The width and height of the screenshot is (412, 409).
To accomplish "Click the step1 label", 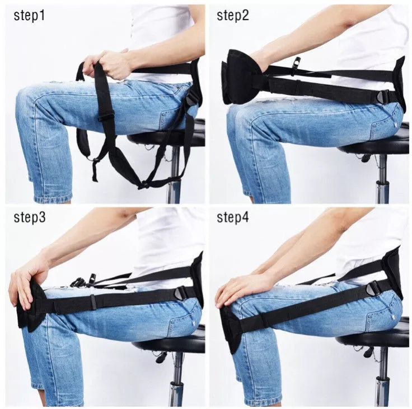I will coord(29,15).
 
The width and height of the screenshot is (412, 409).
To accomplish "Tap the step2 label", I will coord(233,15).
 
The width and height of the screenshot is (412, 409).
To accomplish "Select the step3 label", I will coord(30,217).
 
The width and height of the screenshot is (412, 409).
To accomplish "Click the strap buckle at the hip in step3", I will coord(181,293).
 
